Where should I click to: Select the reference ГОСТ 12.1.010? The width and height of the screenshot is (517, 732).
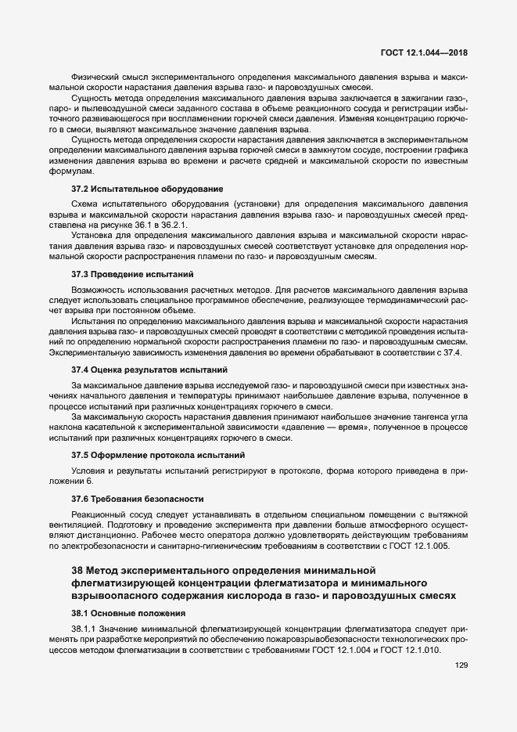(x=413, y=651)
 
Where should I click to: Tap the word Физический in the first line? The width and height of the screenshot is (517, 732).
(x=94, y=77)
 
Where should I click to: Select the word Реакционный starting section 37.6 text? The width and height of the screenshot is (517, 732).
(x=96, y=514)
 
